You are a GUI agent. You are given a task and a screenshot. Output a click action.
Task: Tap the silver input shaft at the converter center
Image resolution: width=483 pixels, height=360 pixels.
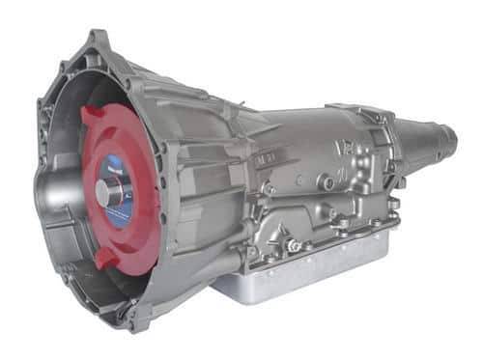click(102, 192)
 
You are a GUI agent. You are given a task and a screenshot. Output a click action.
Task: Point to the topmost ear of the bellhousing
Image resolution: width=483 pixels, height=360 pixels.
click(97, 39)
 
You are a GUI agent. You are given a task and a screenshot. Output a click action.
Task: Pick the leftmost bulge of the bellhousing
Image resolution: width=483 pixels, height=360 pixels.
click(43, 183)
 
